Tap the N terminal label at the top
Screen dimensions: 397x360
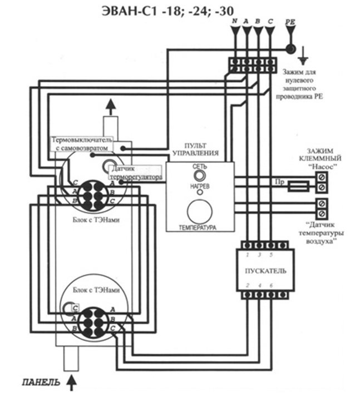(234, 21)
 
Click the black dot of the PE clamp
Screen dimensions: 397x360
(289, 49)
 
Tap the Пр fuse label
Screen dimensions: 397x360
(279, 182)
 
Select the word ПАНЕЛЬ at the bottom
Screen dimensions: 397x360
(38, 383)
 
